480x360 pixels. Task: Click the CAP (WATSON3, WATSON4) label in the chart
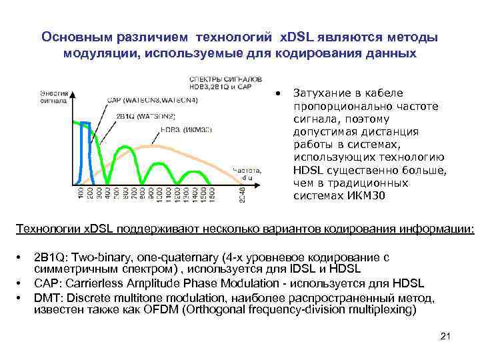pos(152,101)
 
